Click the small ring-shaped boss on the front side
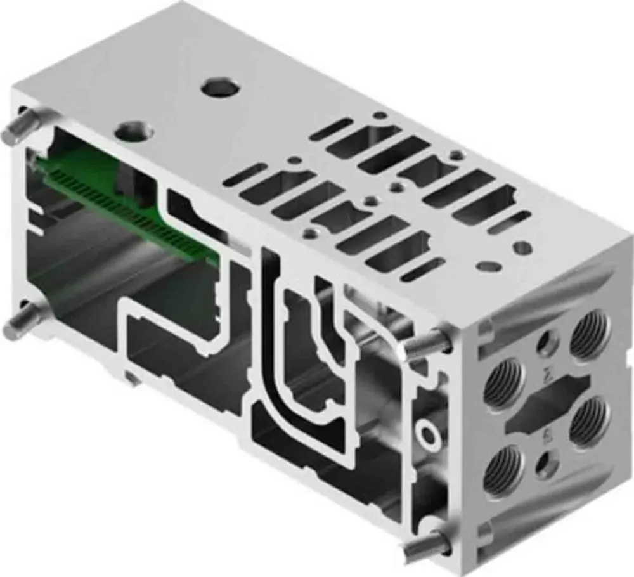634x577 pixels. [428, 435]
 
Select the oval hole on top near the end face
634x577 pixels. [489, 266]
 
